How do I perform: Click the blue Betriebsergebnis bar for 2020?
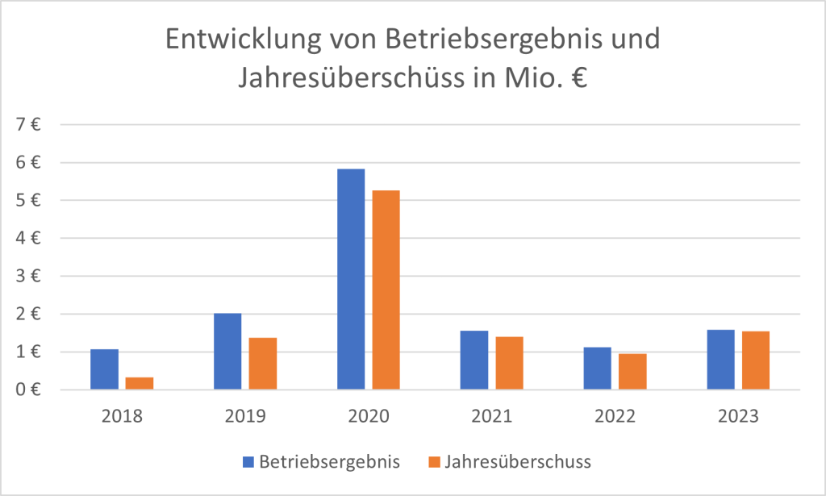pyautogui.click(x=351, y=279)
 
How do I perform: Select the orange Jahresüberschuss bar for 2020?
pyautogui.click(x=386, y=290)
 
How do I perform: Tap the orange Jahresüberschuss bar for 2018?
pyautogui.click(x=140, y=383)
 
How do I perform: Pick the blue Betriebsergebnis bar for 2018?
pyautogui.click(x=104, y=369)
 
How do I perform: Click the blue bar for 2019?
pyautogui.click(x=227, y=351)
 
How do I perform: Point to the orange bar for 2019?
pyautogui.click(x=263, y=363)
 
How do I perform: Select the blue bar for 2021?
pyautogui.click(x=474, y=360)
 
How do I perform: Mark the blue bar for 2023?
pyautogui.click(x=721, y=359)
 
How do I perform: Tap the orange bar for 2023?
pyautogui.click(x=757, y=360)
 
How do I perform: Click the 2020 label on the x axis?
pyautogui.click(x=369, y=416)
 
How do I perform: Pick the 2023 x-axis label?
pyautogui.click(x=739, y=416)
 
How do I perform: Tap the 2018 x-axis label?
pyautogui.click(x=122, y=416)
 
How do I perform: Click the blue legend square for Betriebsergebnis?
pyautogui.click(x=248, y=462)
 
